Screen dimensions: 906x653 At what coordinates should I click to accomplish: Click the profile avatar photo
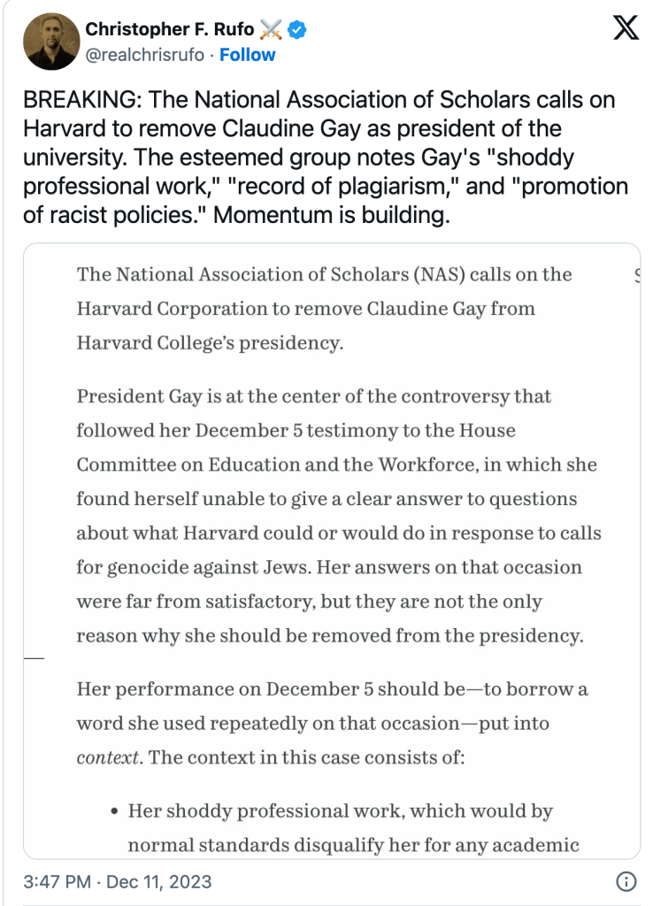pos(51,42)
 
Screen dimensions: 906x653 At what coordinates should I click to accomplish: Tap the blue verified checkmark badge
pos(298,30)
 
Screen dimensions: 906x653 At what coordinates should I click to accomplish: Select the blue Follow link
pos(247,55)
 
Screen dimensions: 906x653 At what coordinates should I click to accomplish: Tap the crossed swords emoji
pos(271,30)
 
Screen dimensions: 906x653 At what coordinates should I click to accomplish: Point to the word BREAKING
pos(79,100)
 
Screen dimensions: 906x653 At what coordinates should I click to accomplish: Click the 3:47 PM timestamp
pos(58,882)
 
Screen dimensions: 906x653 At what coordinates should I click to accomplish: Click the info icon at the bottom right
pos(625,882)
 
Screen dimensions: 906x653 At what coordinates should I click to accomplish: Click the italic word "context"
pos(107,757)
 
